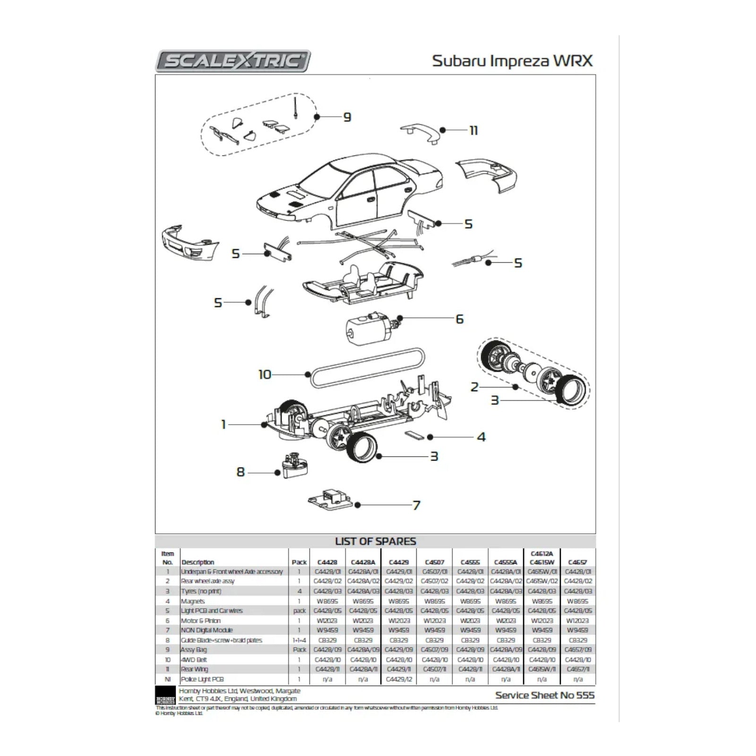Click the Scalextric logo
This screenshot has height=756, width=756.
click(x=233, y=61)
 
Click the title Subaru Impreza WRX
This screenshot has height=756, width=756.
click(x=512, y=61)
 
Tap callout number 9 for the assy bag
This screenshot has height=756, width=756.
click(x=347, y=117)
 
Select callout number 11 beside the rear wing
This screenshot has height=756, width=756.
click(x=473, y=130)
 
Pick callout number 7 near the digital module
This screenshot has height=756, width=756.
click(x=416, y=505)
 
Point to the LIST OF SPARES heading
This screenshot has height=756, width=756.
click(x=375, y=541)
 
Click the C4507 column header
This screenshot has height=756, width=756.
click(x=434, y=562)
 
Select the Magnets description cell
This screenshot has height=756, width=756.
click(x=193, y=601)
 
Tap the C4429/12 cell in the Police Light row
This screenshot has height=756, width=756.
click(x=399, y=679)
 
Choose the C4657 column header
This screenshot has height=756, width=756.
click(x=577, y=562)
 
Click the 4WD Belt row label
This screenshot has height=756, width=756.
click(x=194, y=660)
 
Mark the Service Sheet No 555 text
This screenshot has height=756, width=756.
click(x=544, y=695)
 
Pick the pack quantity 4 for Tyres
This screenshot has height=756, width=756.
click(x=299, y=591)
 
